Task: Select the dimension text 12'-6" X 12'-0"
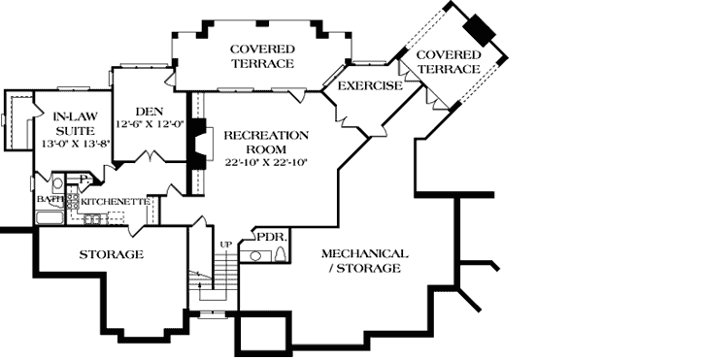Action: pos(149,125)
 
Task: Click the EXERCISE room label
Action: pos(369,86)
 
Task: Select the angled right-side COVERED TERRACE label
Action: pos(448,62)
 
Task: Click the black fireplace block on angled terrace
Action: pos(480,29)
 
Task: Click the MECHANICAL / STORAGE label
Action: pos(361,260)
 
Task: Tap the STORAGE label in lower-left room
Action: pos(111,254)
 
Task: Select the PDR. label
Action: pos(269,235)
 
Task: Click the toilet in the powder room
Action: pos(281,254)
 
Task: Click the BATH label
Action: pos(50,200)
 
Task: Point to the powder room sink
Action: pos(255,255)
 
